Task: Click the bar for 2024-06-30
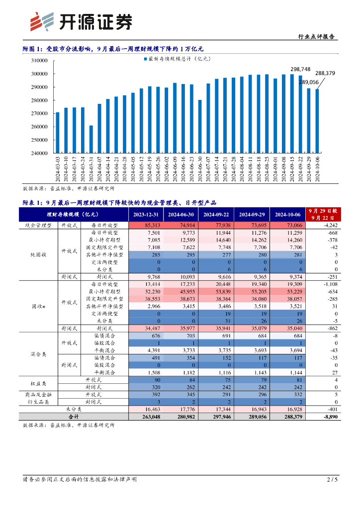pyautogui.click(x=200, y=126)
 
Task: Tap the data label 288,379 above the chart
pyautogui.click(x=325, y=73)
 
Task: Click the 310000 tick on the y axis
pyautogui.click(x=39, y=61)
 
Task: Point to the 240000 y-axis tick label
pyautogui.click(x=39, y=153)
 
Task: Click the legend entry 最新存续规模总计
pyautogui.click(x=177, y=59)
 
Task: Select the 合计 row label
pyautogui.click(x=74, y=416)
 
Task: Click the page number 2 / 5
pyautogui.click(x=332, y=479)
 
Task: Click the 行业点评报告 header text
pyautogui.click(x=316, y=37)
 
